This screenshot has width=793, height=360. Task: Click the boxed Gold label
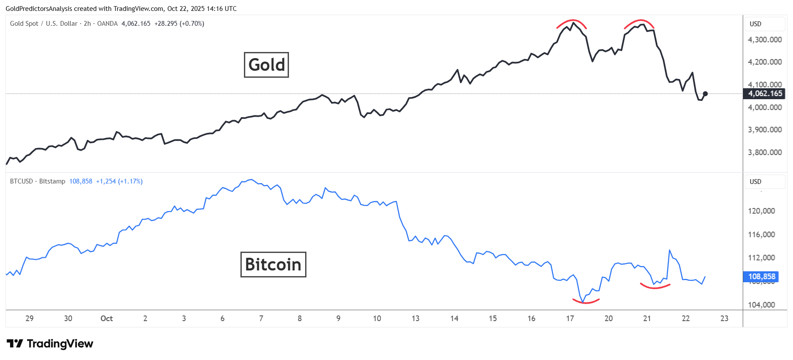point(266,65)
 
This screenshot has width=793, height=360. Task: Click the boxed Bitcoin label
point(273,264)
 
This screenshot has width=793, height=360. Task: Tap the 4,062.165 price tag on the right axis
point(765,93)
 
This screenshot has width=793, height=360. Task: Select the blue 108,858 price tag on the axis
point(761,277)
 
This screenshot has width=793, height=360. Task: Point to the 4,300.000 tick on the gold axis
point(765,40)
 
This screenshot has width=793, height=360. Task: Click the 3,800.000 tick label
point(765,152)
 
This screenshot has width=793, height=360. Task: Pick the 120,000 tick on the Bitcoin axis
point(761,211)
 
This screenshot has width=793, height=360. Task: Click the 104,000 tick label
point(761,305)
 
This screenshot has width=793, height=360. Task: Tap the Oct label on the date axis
point(107,318)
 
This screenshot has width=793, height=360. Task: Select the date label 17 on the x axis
point(570,318)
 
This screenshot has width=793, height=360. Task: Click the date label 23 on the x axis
point(724,318)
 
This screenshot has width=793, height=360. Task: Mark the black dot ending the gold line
point(705,93)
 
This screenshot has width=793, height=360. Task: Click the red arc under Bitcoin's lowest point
point(586,301)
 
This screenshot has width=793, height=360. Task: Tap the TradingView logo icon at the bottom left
point(15,344)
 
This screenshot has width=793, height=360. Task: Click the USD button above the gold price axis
point(755,24)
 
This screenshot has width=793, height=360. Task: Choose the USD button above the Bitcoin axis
point(755,182)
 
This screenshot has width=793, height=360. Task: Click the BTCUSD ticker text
point(21,181)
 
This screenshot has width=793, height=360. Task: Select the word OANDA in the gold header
point(108,24)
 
